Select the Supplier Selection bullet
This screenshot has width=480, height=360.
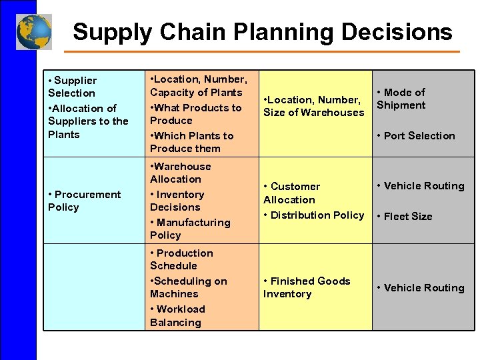pos(72,87)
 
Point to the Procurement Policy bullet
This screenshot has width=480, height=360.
pos(84,201)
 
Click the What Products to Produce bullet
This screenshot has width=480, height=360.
pos(195,114)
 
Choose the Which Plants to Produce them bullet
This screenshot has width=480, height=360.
pos(191,142)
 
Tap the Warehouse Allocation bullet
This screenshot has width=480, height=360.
pos(180,173)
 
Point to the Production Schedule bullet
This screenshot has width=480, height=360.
pos(181,259)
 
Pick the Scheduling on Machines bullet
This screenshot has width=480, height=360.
pos(188,287)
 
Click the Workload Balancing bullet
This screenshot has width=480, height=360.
pos(177,316)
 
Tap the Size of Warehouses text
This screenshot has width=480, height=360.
pos(313,113)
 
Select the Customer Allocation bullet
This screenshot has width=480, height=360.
pos(291,193)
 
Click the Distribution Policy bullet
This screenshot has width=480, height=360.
pos(313,215)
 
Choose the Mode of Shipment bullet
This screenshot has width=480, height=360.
pos(401,99)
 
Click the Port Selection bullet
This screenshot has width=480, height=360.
pos(415,135)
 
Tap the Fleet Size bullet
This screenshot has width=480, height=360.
pos(404,216)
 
